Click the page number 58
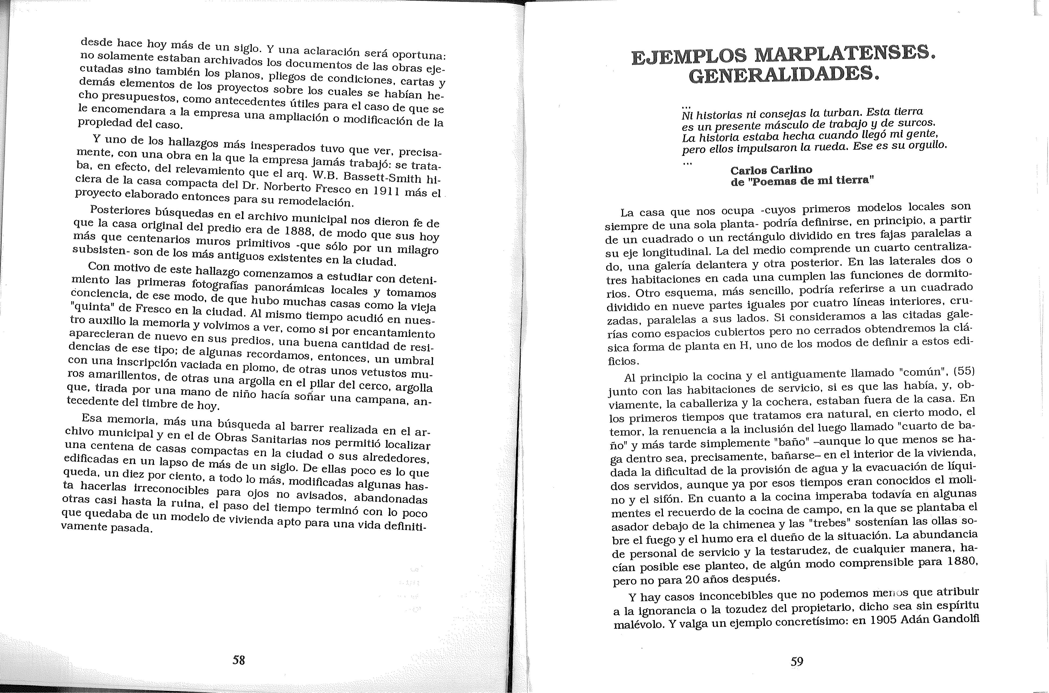point(239,660)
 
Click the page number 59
point(797,662)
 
